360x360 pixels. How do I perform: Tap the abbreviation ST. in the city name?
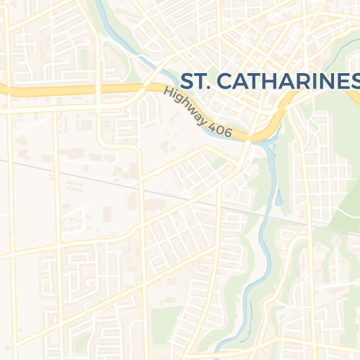coord(195,81)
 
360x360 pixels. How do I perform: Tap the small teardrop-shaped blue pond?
coord(279,200)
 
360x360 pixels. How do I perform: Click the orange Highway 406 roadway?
coord(70,91)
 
